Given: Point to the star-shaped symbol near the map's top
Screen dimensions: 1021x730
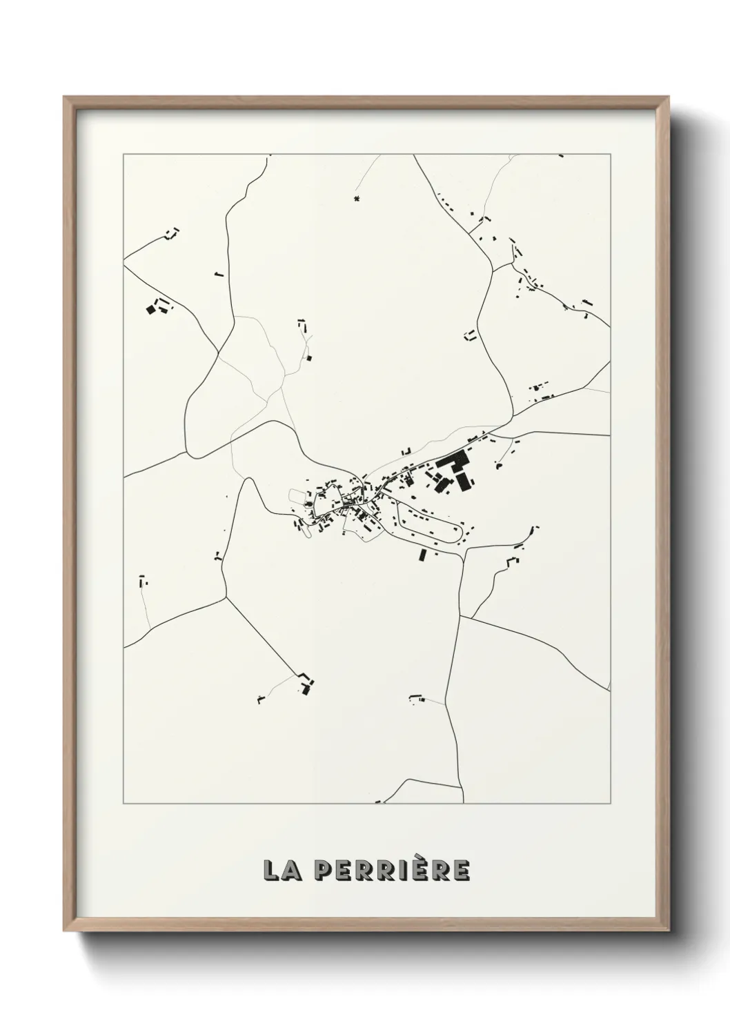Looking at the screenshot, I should (356, 199).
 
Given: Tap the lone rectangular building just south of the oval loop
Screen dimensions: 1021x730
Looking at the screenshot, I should (422, 555).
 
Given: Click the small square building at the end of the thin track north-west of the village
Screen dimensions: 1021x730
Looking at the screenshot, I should (309, 357).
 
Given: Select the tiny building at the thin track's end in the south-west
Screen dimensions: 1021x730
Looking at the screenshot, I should (260, 701).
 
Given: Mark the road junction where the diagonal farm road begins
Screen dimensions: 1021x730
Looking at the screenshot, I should (226, 597).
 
